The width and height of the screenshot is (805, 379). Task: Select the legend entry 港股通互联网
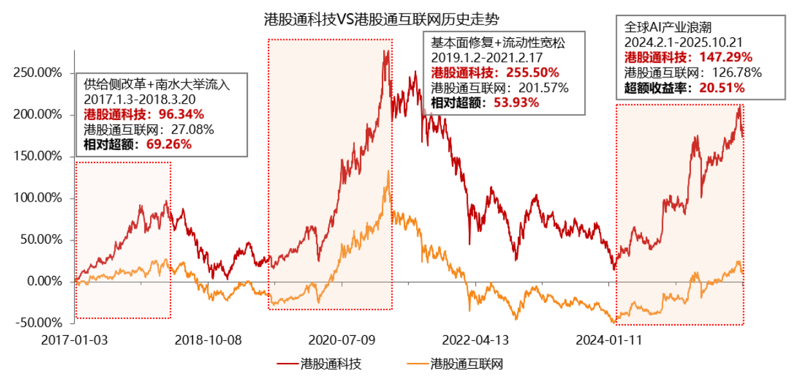466,364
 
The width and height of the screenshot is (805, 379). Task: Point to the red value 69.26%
169,144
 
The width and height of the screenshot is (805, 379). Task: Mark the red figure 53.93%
516,101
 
